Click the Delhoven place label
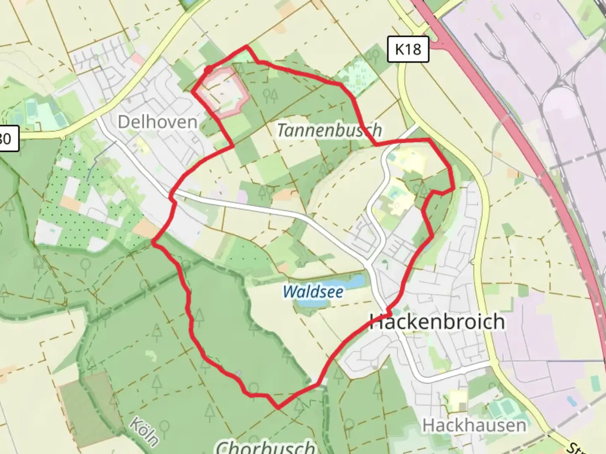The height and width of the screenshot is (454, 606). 157,122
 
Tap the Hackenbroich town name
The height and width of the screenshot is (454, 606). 437,322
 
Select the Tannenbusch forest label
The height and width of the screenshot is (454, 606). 330,130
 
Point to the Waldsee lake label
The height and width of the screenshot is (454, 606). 313,291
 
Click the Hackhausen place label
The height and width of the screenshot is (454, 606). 474,425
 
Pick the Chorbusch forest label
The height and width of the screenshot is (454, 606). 266,446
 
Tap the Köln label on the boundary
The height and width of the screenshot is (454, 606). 144,431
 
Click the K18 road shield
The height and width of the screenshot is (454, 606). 408,49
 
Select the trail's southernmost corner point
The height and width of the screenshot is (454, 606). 278,407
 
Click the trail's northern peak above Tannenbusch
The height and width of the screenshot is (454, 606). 247,47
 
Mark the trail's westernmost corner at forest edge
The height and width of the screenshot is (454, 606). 154,243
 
